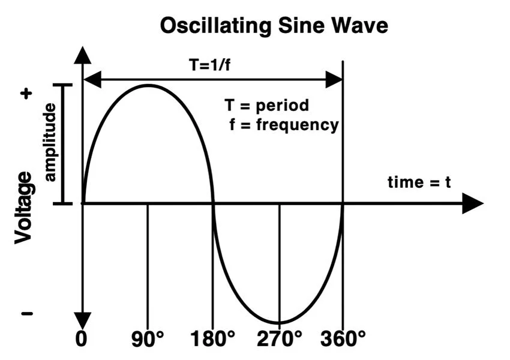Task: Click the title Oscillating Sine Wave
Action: coord(274,26)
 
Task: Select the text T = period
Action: coord(267,106)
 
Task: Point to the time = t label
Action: coord(419,182)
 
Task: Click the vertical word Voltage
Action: coord(23,207)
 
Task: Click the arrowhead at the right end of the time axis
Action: coord(473,204)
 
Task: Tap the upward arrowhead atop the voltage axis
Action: coord(82,55)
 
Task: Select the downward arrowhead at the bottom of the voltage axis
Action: coord(82,320)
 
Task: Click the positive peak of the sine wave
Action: coord(148,85)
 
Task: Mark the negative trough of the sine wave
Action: coord(279,322)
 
